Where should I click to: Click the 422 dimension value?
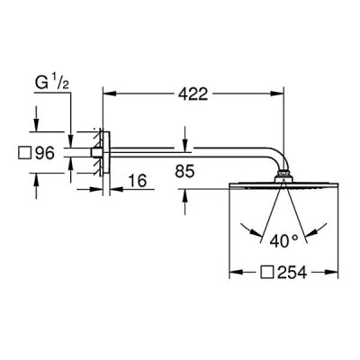point(193,94)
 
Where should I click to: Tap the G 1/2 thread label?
point(52,83)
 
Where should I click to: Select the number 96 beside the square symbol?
point(45,153)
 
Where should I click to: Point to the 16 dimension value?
point(138,181)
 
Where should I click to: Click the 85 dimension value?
point(184,172)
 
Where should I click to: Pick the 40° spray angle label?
point(283,241)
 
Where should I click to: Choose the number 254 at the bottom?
point(292,273)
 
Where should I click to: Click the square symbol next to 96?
point(25,153)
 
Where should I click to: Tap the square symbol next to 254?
point(267,273)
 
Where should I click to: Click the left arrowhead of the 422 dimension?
point(109,94)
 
